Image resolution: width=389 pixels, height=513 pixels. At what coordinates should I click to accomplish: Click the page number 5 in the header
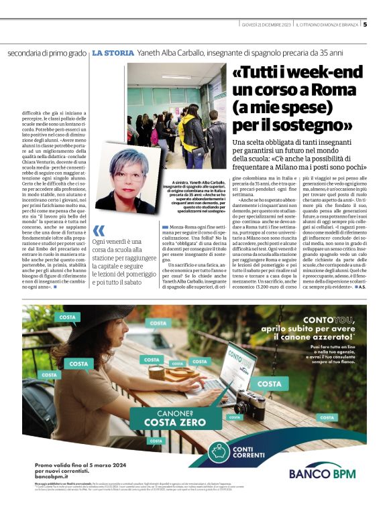(365, 25)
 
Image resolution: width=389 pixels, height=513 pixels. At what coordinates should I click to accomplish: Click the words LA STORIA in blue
(112, 52)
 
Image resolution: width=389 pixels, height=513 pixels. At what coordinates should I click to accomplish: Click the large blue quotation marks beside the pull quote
(99, 231)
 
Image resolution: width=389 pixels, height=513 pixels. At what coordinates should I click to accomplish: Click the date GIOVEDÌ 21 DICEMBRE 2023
(266, 25)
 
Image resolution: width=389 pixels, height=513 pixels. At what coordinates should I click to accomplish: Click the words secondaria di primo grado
(47, 53)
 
